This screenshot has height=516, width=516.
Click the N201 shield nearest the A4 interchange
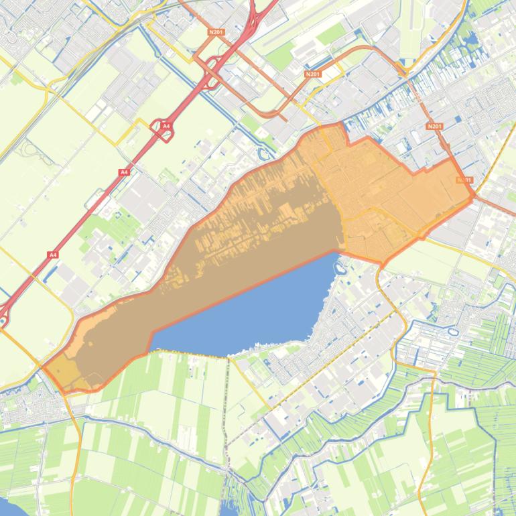point(216,31)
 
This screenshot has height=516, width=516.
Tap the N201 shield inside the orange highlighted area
point(463,180)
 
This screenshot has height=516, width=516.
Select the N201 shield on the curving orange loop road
point(312,74)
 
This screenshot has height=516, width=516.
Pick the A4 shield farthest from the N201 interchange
point(52,255)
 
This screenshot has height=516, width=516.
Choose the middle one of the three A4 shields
point(123,172)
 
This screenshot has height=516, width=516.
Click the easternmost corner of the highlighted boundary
point(475,196)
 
